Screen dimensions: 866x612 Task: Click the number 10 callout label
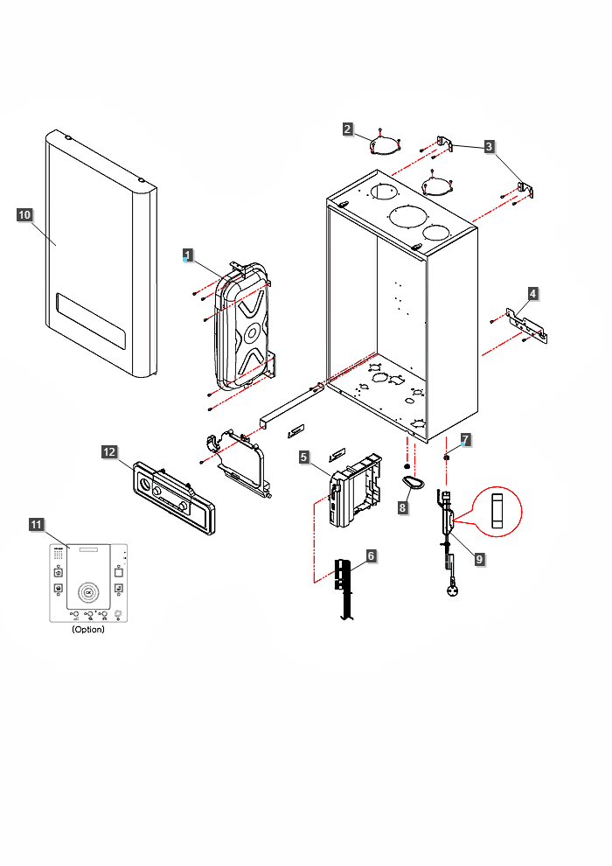[24, 213]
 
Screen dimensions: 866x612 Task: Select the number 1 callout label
[186, 255]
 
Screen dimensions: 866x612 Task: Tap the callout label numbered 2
[348, 129]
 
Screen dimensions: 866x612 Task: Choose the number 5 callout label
[303, 457]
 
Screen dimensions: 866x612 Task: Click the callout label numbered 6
[372, 556]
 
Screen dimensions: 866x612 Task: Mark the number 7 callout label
[466, 439]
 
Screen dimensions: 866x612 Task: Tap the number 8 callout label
[403, 506]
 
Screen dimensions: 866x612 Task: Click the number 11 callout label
[36, 524]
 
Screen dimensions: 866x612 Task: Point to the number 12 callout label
[109, 451]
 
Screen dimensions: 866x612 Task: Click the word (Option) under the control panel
[87, 630]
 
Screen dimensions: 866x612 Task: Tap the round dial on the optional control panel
[87, 592]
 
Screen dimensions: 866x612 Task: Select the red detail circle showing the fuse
[497, 511]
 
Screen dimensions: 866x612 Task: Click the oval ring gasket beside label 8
[414, 481]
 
